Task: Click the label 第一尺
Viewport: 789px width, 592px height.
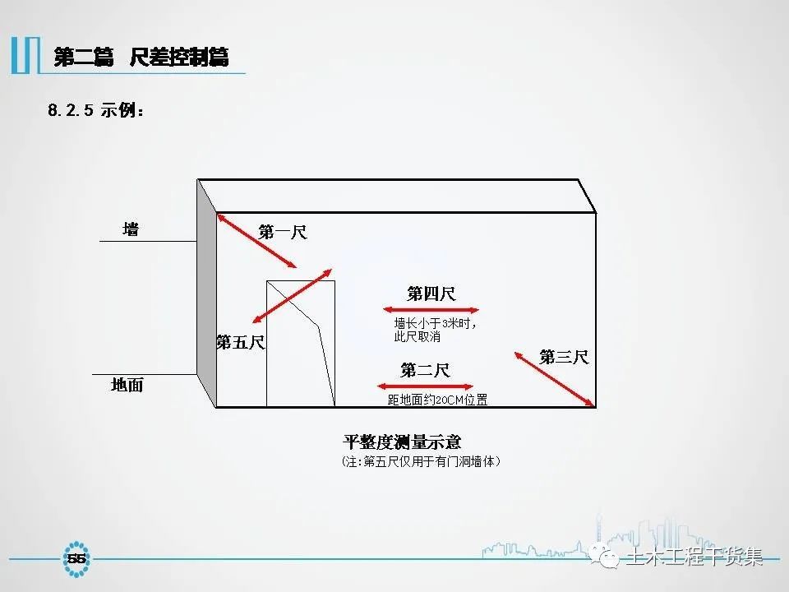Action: (283, 233)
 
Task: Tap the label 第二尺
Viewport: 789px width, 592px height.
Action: (425, 371)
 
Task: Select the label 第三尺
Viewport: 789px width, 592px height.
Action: (564, 357)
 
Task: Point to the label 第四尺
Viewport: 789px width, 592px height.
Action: (431, 294)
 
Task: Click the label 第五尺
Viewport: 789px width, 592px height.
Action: (241, 343)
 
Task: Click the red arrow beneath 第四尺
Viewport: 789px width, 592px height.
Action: (431, 310)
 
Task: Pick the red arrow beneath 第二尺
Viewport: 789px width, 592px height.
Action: (425, 386)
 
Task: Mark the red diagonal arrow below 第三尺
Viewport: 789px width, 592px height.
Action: (555, 379)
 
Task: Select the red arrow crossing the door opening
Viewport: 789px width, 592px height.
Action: (292, 296)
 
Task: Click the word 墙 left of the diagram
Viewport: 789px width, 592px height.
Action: (131, 229)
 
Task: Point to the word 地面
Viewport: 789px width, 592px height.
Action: (127, 384)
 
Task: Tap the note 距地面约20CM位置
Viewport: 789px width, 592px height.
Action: (438, 400)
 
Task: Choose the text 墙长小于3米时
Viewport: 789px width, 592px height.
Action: (436, 323)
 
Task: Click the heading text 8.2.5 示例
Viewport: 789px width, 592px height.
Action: (96, 111)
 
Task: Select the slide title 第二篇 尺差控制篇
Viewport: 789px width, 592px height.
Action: (141, 57)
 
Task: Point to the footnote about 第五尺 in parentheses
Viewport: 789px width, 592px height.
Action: (421, 462)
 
